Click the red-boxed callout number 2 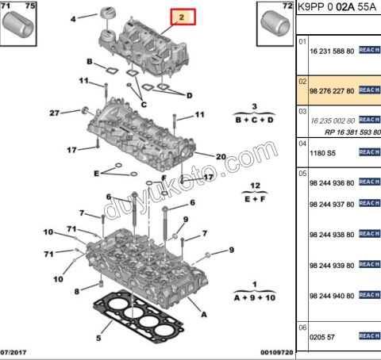[x=181, y=17]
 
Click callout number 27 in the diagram [x=55, y=112]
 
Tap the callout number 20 [x=221, y=156]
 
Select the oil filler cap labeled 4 [x=107, y=15]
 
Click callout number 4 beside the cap [x=74, y=17]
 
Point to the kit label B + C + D [x=255, y=120]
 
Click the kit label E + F [x=255, y=198]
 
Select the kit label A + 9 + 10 [x=254, y=297]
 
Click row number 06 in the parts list [x=302, y=327]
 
